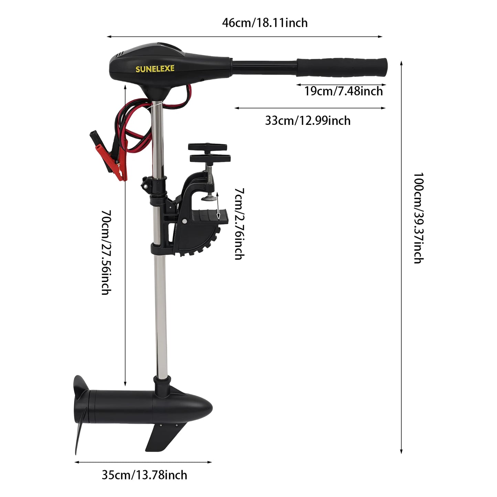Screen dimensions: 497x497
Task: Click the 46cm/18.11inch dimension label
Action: pyautogui.click(x=265, y=23)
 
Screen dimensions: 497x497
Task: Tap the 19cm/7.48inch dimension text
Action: pyautogui.click(x=343, y=91)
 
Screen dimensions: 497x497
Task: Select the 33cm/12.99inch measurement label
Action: pyautogui.click(x=308, y=121)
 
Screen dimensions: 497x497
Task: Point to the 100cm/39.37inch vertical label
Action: pyautogui.click(x=418, y=218)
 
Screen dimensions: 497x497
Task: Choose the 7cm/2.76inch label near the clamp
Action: pyautogui.click(x=239, y=224)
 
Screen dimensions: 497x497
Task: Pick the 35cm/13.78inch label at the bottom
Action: pyautogui.click(x=144, y=475)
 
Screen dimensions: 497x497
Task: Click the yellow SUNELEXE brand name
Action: pyautogui.click(x=155, y=69)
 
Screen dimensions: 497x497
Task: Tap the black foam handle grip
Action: pyautogui.click(x=342, y=67)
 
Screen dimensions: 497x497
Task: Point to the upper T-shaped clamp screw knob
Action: pyautogui.click(x=207, y=147)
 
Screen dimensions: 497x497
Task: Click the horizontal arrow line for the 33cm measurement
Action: pyautogui.click(x=310, y=108)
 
